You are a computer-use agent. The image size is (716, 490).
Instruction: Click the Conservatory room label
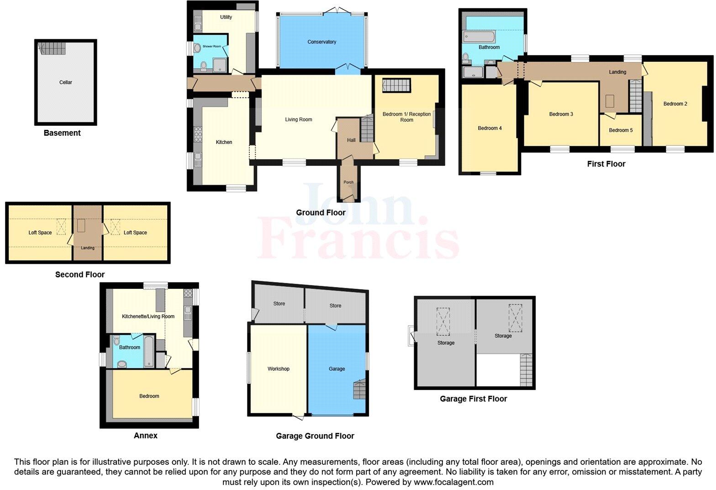[x=321, y=42]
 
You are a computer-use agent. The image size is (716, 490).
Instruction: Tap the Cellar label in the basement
[x=66, y=82]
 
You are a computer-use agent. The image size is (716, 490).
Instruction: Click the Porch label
[x=348, y=182]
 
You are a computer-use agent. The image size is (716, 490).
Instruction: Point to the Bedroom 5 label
[x=621, y=130]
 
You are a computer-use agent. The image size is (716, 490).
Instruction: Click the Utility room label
[x=226, y=17]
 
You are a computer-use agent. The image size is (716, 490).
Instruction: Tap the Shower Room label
[x=212, y=47]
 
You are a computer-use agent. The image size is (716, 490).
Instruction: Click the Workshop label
[x=278, y=369]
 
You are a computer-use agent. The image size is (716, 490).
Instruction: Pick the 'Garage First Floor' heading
[x=473, y=399]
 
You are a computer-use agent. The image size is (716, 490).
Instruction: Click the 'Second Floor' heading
[x=80, y=274]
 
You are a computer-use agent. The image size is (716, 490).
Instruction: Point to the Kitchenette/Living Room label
[x=148, y=316]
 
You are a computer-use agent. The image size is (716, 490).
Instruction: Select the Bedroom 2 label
[x=675, y=104]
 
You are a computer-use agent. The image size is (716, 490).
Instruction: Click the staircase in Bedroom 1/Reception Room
[x=396, y=85]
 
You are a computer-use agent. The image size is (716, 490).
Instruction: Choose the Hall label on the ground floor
[x=351, y=140]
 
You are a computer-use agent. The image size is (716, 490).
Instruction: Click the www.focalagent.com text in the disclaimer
[x=453, y=482]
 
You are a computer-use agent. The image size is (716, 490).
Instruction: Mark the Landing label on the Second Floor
[x=88, y=248]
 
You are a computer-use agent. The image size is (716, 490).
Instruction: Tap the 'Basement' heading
[x=62, y=133]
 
